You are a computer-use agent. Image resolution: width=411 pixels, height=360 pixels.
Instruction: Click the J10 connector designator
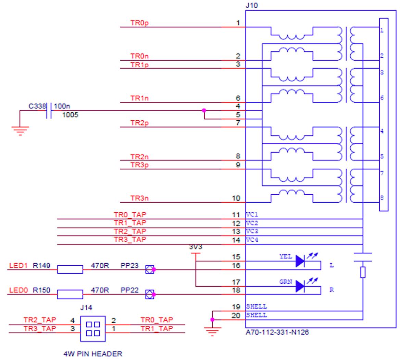(x=250, y=5)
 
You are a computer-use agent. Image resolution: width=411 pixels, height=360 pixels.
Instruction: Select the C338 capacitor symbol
(x=49, y=111)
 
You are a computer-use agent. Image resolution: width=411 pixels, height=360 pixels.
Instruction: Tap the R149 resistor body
(x=70, y=269)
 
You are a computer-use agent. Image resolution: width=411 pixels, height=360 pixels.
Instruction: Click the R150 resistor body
(x=70, y=295)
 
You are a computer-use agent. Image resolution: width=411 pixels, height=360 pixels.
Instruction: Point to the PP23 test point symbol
(x=149, y=269)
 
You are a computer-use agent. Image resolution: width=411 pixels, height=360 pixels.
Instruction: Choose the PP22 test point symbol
(x=149, y=294)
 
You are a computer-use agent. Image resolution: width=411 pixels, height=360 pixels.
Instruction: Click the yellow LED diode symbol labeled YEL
(x=300, y=261)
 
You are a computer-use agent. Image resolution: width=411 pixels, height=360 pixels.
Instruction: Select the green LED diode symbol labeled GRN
(x=300, y=286)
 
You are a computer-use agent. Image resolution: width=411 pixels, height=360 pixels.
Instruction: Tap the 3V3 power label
(x=195, y=247)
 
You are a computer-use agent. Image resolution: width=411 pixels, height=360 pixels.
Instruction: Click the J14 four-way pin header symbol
(x=92, y=328)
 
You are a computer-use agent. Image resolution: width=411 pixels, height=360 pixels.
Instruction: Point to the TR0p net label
(x=139, y=23)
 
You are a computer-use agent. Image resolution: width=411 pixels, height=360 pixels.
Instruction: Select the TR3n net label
(x=139, y=198)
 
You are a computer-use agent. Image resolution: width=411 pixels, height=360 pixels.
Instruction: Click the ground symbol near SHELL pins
(x=212, y=331)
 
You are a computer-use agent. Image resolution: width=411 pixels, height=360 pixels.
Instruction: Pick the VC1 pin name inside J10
(x=252, y=215)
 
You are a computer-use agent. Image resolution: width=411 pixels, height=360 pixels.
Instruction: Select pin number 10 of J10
(x=236, y=198)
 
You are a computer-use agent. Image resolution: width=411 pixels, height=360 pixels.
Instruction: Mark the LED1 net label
(x=16, y=265)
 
